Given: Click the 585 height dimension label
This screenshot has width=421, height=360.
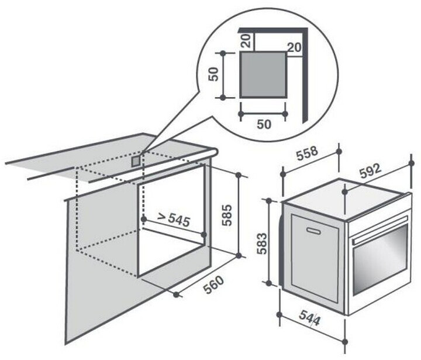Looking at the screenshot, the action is coord(227,215).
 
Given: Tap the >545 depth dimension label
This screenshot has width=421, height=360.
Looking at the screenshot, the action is coord(174,220).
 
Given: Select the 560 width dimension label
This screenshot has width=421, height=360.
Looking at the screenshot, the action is coord(213,284).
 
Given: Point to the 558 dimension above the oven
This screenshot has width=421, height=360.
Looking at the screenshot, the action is coord(307,153).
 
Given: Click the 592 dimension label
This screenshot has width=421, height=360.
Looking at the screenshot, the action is coord(371,171).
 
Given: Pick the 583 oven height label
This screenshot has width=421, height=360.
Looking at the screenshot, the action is coord(262,244).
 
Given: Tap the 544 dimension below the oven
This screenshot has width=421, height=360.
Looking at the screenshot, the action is coord(309,318).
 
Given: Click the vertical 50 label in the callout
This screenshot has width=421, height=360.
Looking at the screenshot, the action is coord(213,74).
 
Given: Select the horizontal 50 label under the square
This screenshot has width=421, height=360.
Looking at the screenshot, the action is coord(264,124).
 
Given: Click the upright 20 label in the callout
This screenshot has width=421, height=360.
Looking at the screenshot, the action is coord(294,47).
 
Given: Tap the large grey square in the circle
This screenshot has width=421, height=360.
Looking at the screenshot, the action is coord(263,74).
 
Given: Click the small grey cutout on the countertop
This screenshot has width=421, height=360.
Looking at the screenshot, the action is coord(136,161).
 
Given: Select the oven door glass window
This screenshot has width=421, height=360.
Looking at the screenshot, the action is coord(381,259).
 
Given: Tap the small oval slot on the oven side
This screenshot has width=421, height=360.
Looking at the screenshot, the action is coord(313,231).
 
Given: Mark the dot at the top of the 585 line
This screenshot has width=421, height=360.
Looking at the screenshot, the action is coord(238,175).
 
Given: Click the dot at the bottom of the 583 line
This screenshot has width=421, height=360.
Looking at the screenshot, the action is coord(268,283).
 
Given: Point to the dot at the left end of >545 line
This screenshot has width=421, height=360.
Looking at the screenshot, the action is coord(144,219).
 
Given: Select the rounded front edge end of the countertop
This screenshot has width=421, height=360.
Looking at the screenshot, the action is coord(215,153).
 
